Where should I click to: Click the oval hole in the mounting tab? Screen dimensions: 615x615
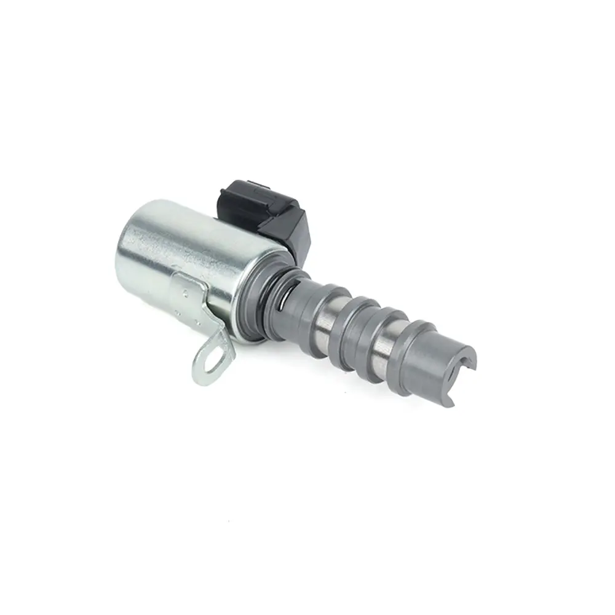(211, 361)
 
